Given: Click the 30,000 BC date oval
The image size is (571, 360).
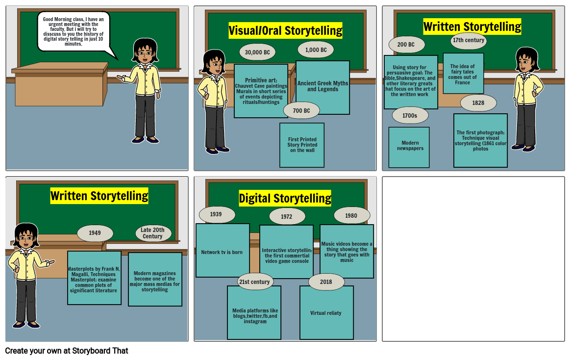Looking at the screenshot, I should pos(257,52).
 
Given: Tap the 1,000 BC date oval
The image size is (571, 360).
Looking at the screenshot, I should pos(316,50).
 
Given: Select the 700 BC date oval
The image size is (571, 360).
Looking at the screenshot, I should pos(301,110).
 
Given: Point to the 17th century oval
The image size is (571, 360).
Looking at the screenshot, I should pos(468,40).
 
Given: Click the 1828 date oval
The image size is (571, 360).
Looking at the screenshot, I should pos(478,103).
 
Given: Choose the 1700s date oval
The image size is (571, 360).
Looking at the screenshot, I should pos(410,115).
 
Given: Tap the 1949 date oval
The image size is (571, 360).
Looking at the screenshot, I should pos(95,233).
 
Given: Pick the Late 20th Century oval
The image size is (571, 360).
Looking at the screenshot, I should pos(153,233).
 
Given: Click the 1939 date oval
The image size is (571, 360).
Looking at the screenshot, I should pos(217,214).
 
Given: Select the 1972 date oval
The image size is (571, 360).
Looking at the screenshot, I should pos(287,216).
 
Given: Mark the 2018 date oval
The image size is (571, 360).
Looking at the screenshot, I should pos(326,282).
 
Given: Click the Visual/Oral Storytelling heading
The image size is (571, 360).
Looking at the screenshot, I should pos(285,30).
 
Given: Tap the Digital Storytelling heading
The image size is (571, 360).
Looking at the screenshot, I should pos(285,198).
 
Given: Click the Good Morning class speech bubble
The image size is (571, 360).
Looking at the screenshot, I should pos(74,31).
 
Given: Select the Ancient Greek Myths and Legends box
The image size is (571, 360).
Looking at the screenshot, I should pos(323,87).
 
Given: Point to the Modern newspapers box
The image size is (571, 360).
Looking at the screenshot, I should pos(409,147).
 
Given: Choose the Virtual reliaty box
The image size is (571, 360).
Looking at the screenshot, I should pos(326,313).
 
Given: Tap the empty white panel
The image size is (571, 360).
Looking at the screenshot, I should pos(473,259).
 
